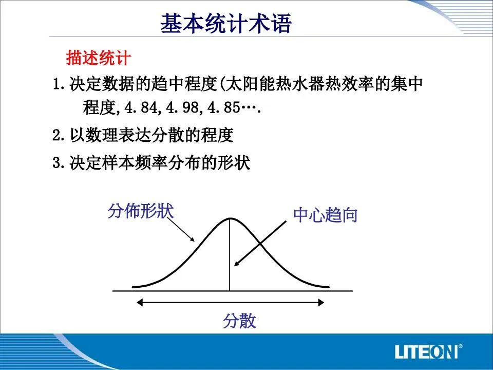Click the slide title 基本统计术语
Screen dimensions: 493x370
pyautogui.click(x=226, y=23)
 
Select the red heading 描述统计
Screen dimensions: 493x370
pyautogui.click(x=99, y=58)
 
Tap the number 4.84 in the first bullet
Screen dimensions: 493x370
pyautogui.click(x=141, y=107)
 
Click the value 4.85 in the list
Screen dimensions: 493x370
pyautogui.click(x=224, y=107)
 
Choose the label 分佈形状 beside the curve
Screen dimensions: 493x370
pyautogui.click(x=141, y=211)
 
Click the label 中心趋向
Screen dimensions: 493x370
pyautogui.click(x=326, y=215)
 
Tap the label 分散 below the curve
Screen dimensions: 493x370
pyautogui.click(x=240, y=321)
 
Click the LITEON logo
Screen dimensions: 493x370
pyautogui.click(x=428, y=351)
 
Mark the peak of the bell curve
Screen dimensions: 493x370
pyautogui.click(x=230, y=218)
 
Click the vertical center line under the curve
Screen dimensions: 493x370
pyautogui.click(x=230, y=254)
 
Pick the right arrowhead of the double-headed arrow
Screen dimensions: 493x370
pyautogui.click(x=321, y=303)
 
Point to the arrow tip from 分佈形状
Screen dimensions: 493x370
pyautogui.click(x=194, y=241)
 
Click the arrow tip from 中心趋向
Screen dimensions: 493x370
pyautogui.click(x=235, y=266)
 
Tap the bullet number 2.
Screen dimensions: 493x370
pyautogui.click(x=56, y=135)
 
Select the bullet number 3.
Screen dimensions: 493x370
pyautogui.click(x=56, y=163)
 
